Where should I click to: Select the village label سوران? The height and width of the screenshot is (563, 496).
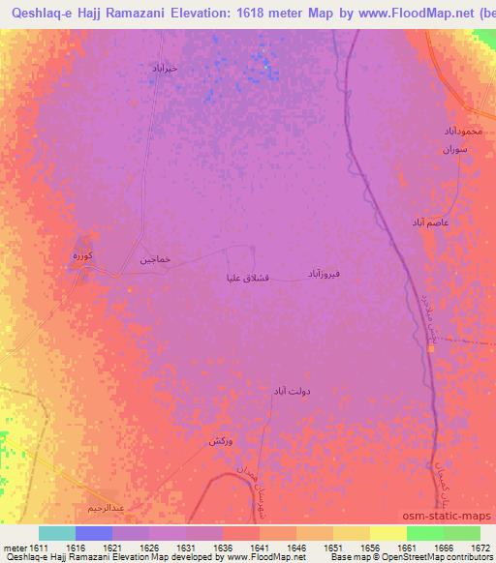click(455, 151)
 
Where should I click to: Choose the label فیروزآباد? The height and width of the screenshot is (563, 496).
click(325, 275)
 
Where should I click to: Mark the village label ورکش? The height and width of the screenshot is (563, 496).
click(220, 441)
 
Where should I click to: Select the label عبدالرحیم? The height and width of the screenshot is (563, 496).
click(105, 507)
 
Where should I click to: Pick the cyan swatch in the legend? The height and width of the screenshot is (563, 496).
click(57, 533)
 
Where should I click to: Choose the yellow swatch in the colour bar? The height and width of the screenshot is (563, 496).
click(387, 533)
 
